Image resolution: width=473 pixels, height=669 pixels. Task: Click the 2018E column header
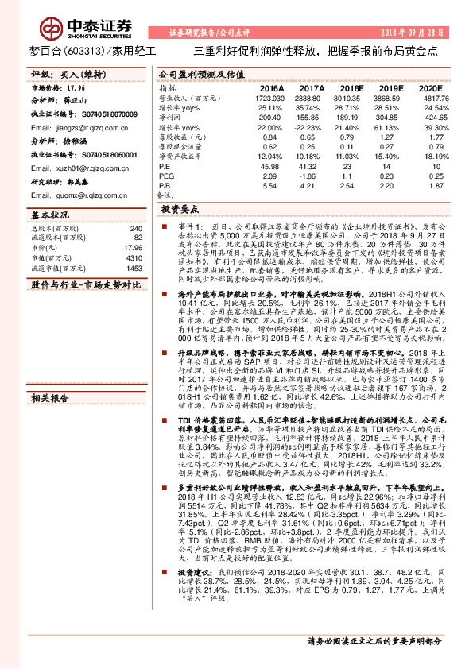[x=351, y=87]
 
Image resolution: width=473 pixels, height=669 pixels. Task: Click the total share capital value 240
[x=135, y=227]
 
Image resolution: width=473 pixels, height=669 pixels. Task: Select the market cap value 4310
[x=133, y=258]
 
